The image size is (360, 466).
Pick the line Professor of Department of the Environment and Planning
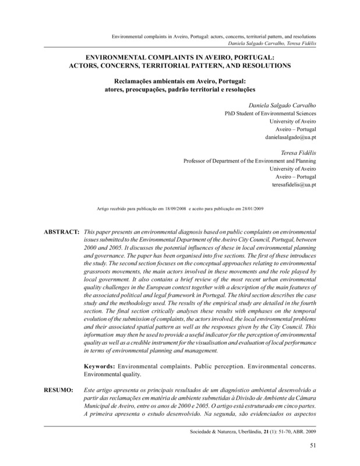coord(250,164)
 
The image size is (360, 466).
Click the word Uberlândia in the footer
coord(243,433)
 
